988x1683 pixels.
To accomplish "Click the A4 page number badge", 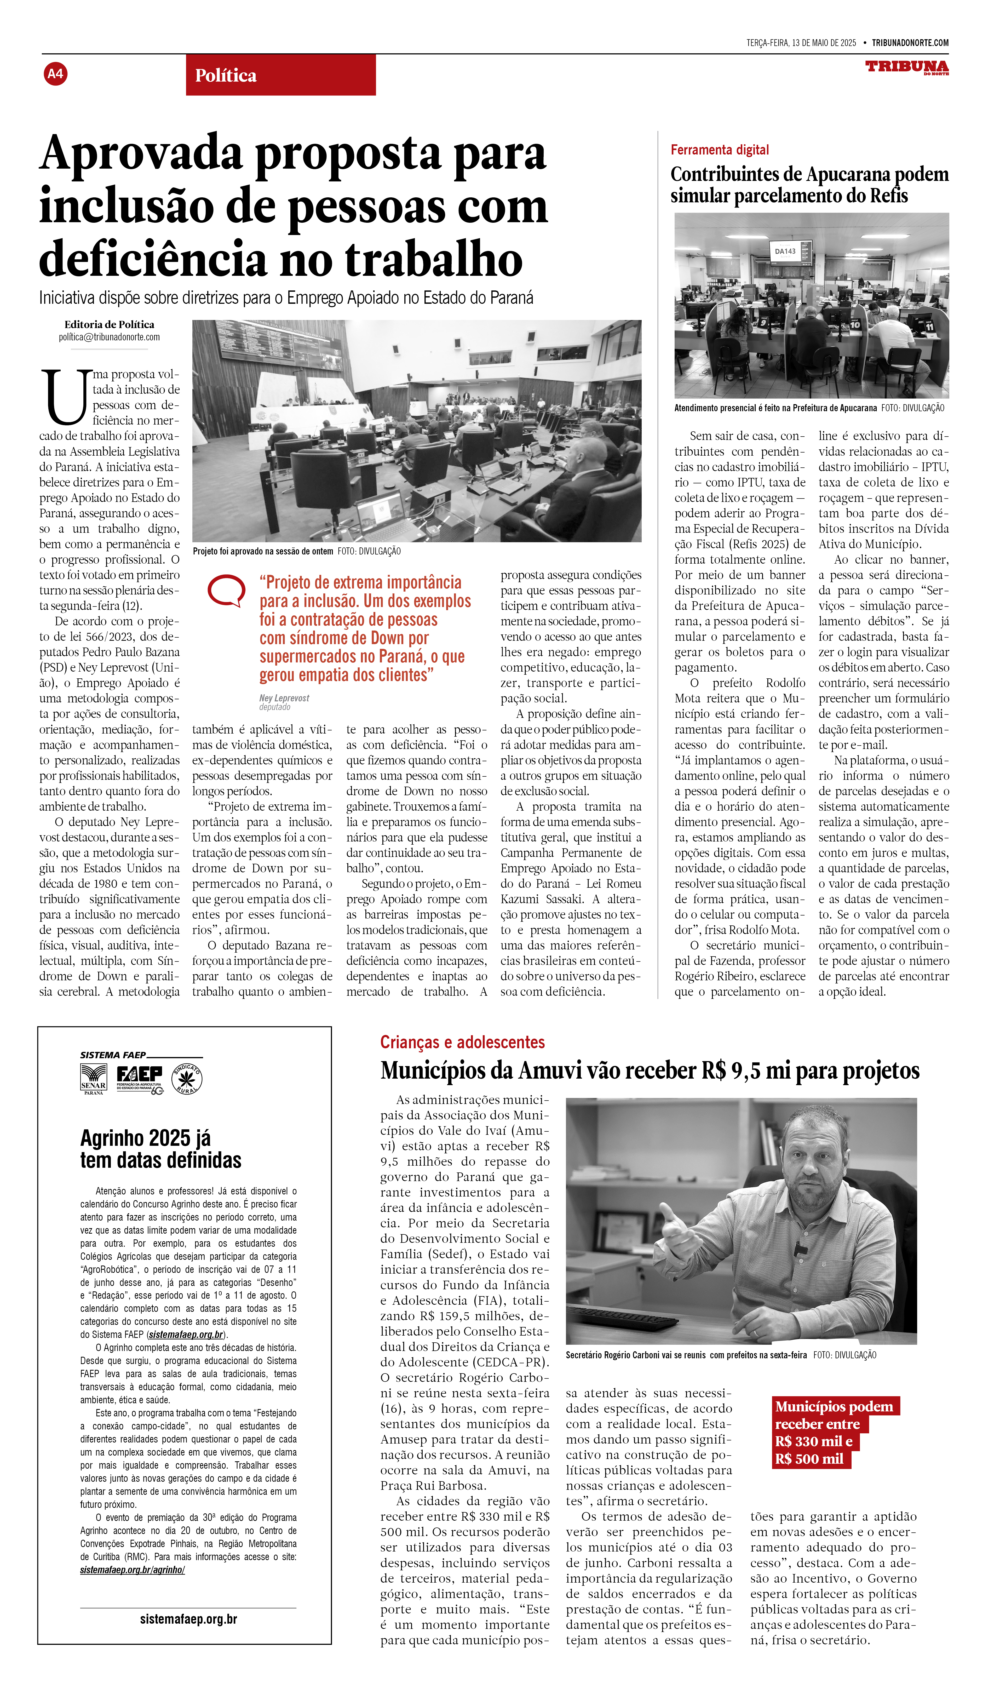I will pos(55,73).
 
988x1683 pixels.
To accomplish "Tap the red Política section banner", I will pos(280,75).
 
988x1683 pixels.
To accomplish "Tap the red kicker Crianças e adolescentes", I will pos(462,1042).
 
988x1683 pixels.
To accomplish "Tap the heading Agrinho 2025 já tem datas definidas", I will pos(160,1149).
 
